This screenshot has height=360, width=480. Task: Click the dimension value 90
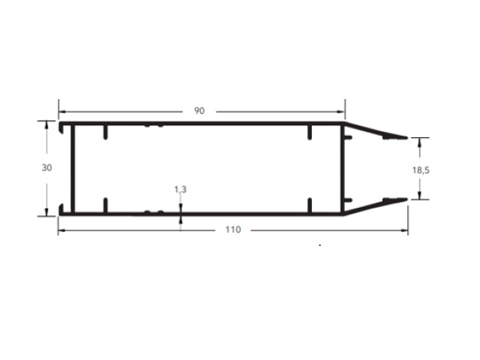[x=199, y=111]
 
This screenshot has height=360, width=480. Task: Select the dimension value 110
[x=233, y=229]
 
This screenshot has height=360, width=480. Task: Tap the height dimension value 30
[x=46, y=168]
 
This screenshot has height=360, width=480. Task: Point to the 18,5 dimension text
[x=421, y=170]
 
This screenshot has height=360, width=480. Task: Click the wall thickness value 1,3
[x=180, y=190]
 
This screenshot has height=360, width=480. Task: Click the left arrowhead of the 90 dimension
[x=62, y=112]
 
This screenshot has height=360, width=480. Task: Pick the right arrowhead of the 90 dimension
[x=341, y=112]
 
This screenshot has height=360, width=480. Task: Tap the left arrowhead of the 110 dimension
[x=61, y=230]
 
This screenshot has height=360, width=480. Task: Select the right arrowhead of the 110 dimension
[x=404, y=230]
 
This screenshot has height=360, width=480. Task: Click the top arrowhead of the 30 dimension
[x=46, y=124]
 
